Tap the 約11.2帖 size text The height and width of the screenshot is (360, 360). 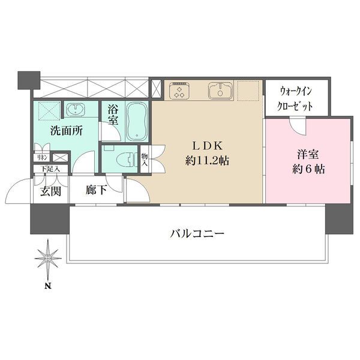click(x=207, y=161)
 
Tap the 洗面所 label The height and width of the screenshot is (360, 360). click(x=66, y=130)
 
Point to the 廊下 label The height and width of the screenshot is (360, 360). click(x=96, y=191)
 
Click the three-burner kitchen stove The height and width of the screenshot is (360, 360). click(x=179, y=92)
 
